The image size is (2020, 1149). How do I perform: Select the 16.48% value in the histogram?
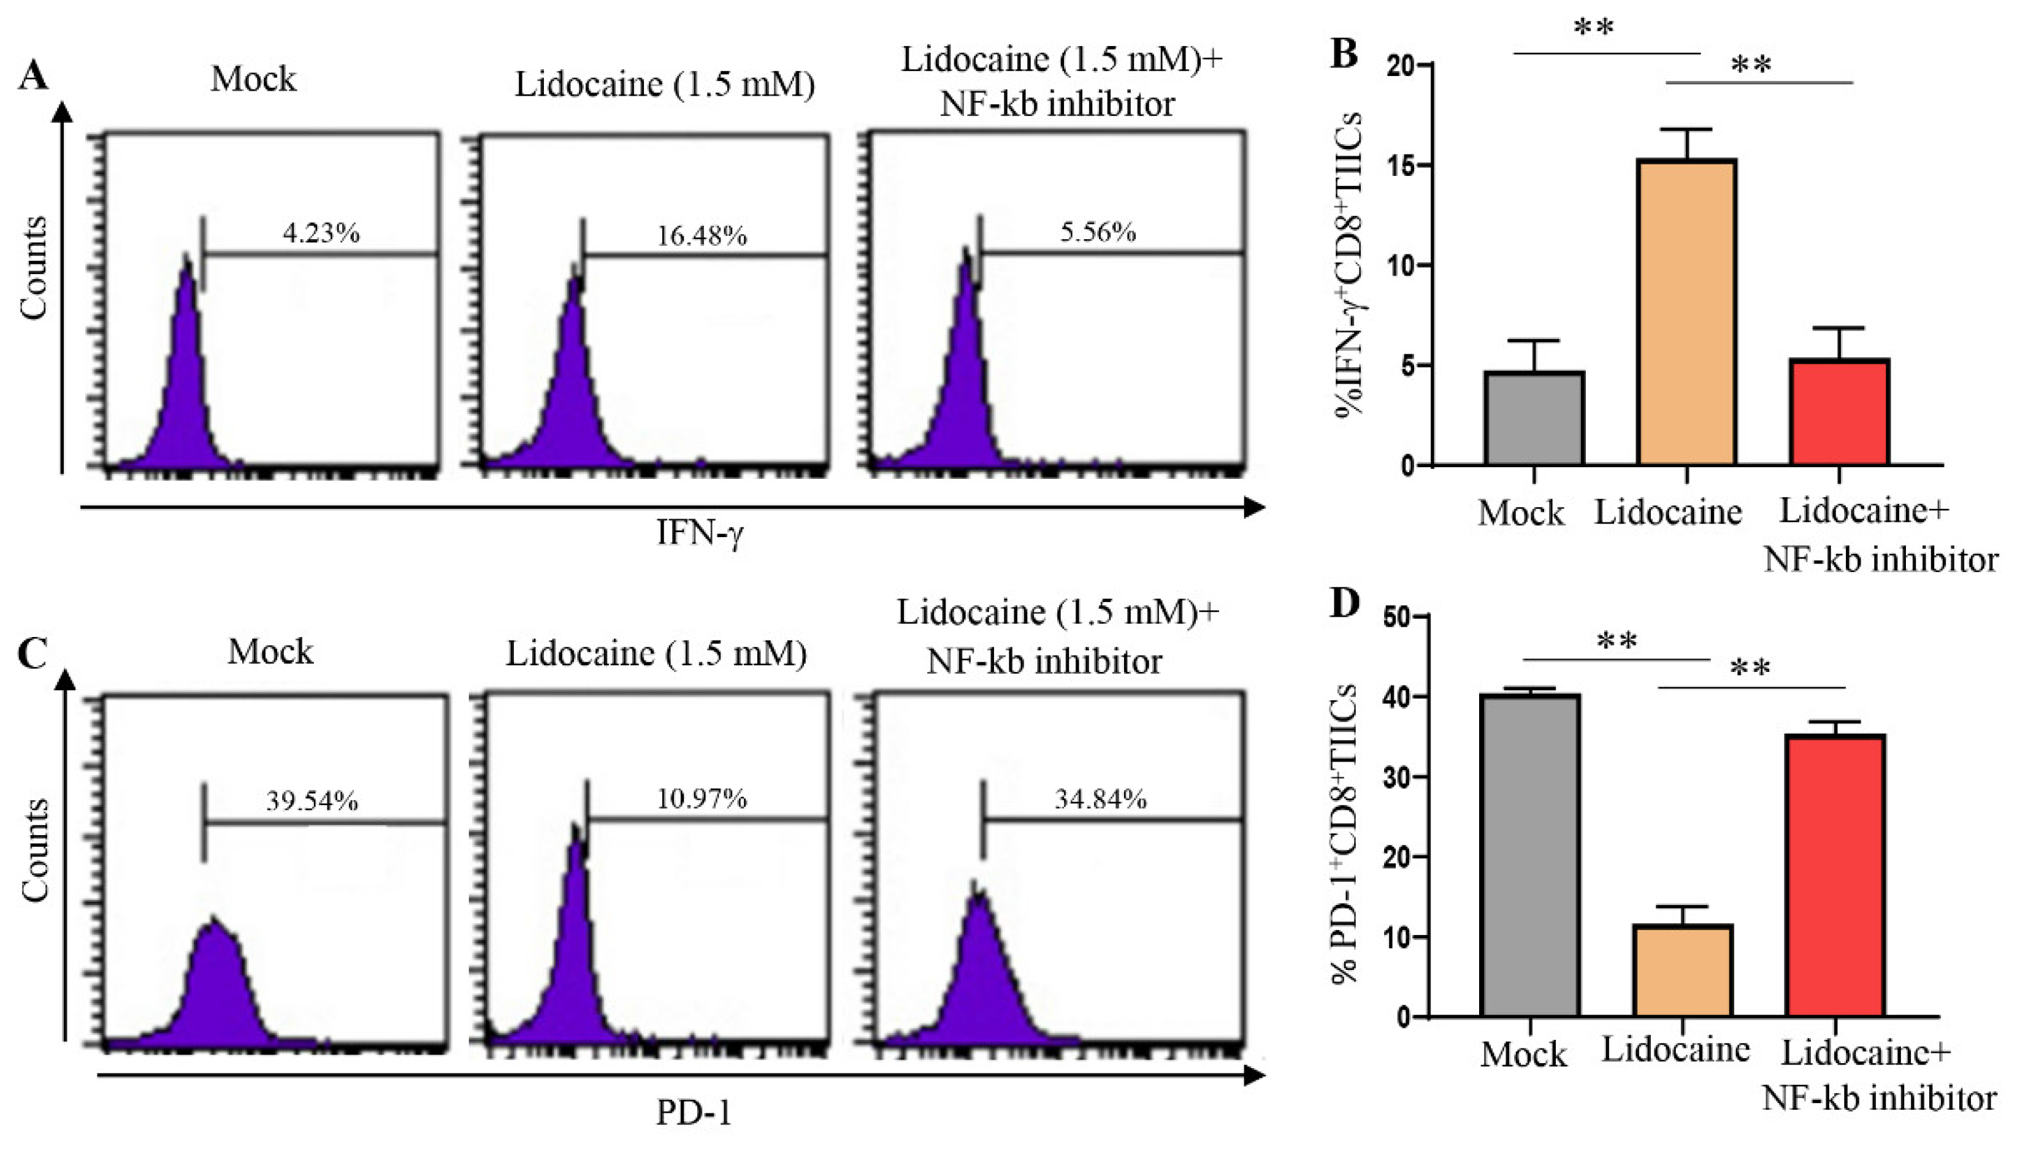point(702,236)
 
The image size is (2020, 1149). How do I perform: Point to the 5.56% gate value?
point(1098,233)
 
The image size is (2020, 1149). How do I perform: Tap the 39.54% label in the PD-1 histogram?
point(312,802)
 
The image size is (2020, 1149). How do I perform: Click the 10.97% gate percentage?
point(702,800)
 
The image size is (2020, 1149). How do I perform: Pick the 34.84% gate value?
point(1100,800)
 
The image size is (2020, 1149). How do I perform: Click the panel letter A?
point(34,77)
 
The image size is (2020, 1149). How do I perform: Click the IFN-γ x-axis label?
point(699,533)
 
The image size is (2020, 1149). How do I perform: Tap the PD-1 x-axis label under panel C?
point(694,1113)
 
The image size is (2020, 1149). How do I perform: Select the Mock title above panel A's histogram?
point(253,80)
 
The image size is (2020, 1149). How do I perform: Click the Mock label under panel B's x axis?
point(1521,514)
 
